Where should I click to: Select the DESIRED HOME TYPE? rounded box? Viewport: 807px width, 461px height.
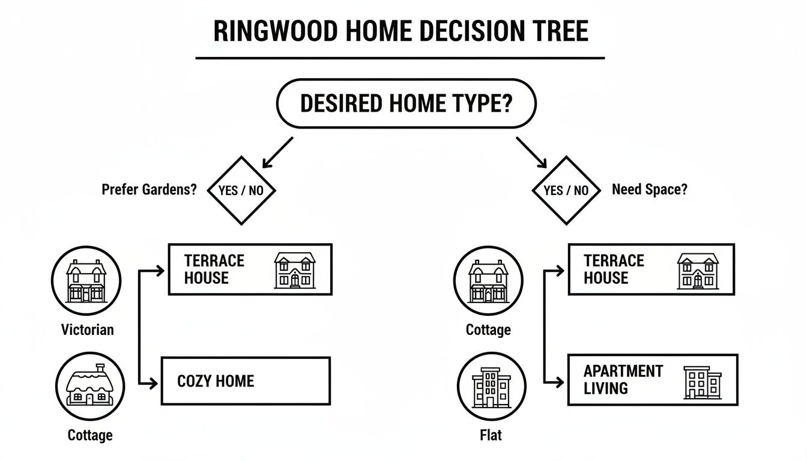click(406, 103)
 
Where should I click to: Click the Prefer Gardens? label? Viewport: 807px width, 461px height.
click(149, 190)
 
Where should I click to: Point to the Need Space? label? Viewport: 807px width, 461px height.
click(650, 190)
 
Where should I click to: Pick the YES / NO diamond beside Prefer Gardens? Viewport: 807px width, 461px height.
click(241, 191)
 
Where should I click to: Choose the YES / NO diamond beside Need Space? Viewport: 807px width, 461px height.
click(566, 191)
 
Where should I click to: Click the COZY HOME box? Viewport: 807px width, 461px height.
click(245, 381)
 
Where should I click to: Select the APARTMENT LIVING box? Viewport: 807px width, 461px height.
click(652, 379)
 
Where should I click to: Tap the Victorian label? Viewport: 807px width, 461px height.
click(87, 330)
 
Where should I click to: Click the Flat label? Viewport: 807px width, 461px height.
click(491, 435)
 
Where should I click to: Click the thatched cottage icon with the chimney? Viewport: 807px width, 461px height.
click(90, 385)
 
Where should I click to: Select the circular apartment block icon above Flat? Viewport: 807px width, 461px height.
click(491, 385)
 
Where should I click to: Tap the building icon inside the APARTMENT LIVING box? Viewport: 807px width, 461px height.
click(701, 383)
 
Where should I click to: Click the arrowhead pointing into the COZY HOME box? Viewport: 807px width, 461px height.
click(156, 381)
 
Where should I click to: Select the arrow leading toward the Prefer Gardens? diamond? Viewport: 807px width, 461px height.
click(277, 152)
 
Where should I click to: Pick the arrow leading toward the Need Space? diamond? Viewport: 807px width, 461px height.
click(532, 152)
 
